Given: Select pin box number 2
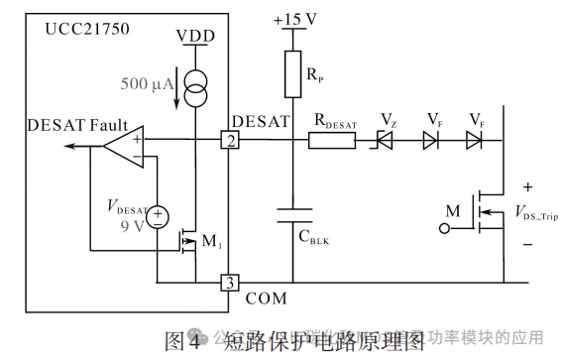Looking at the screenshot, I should pos(229,142).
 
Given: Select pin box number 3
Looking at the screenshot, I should pos(229,283).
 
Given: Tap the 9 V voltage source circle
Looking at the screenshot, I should pos(158,217).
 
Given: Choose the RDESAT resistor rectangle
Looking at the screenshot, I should pos(332,142).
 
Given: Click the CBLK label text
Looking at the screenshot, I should pos(317,238).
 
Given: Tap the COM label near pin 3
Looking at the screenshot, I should pos(265,297).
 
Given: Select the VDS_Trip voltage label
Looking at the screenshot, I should pos(534,214).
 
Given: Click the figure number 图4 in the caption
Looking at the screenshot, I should pos(180,343).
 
